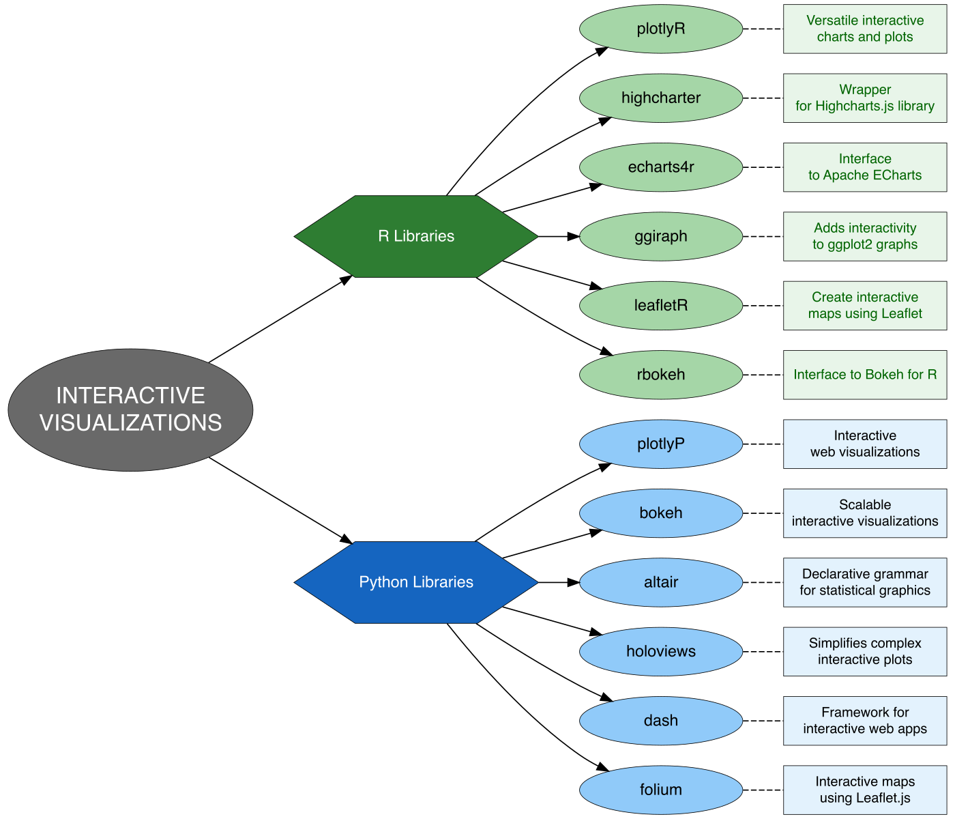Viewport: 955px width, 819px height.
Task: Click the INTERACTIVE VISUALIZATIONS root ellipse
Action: [130, 409]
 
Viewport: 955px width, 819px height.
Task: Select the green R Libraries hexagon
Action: [416, 236]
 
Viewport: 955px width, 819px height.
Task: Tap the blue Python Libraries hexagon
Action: [416, 582]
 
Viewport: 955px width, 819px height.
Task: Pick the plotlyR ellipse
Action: [660, 29]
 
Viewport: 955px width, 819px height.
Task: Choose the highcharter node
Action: [660, 98]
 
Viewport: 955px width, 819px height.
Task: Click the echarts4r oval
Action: [660, 167]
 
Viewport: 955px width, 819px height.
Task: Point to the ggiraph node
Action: [660, 236]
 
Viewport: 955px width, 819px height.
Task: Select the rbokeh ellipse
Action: [660, 375]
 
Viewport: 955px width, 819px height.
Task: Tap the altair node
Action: [660, 582]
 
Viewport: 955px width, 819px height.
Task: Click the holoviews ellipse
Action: [660, 651]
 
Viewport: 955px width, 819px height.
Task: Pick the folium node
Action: [660, 790]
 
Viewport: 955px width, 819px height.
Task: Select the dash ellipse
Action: [660, 721]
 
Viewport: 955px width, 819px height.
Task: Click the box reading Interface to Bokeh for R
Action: [864, 375]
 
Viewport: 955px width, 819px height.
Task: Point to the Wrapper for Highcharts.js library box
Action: [864, 98]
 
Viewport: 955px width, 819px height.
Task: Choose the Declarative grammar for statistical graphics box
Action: [864, 582]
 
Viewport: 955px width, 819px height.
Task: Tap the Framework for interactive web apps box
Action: [864, 721]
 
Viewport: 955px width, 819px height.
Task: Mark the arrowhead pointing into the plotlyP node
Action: [605, 467]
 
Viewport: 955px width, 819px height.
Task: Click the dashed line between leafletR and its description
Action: [763, 306]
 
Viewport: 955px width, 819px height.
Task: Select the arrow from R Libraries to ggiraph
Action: [558, 236]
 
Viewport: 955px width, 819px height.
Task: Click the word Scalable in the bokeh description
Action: [864, 505]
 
